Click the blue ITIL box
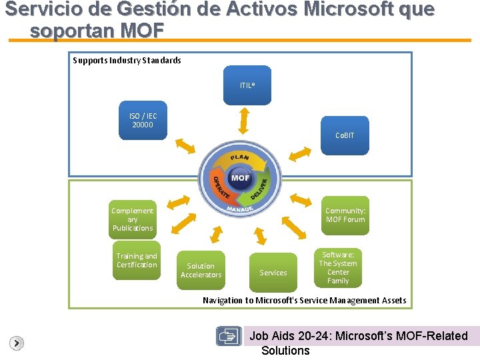247,85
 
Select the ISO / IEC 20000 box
143,121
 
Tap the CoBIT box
345,136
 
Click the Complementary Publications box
133,219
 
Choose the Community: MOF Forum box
345,215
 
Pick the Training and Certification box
137,261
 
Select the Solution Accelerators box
201,270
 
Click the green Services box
273,272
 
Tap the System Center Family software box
338,267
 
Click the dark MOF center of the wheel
240,178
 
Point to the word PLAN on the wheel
239,158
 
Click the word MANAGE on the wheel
240,209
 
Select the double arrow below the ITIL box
244,121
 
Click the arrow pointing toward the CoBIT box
301,154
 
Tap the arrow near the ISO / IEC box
185,147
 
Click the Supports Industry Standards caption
127,61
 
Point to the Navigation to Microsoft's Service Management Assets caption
304,301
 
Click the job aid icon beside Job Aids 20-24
229,337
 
